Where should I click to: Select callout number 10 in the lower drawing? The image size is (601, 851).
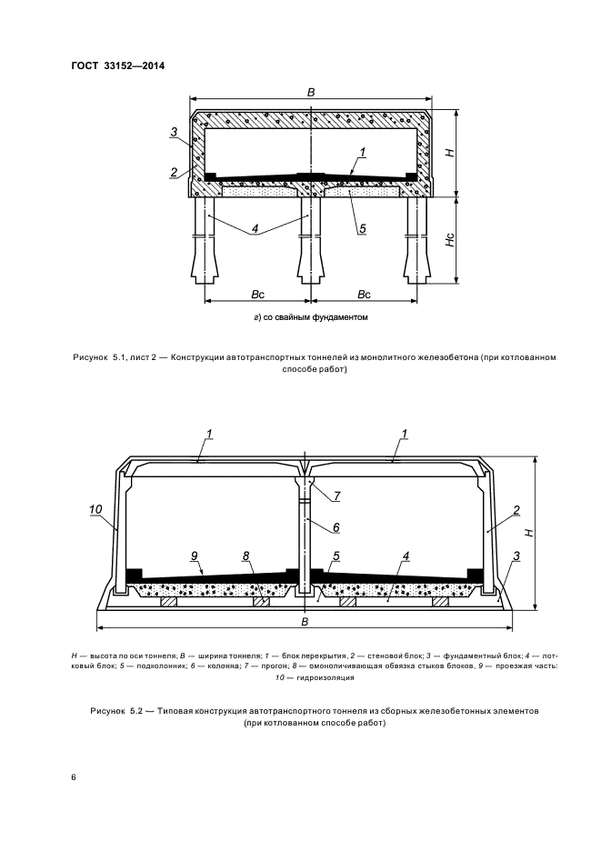click(96, 513)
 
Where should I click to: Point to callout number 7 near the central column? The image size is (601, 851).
click(336, 496)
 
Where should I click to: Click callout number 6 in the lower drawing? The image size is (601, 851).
click(336, 526)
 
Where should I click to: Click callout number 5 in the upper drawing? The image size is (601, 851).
click(363, 229)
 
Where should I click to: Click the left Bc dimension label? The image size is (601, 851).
click(258, 295)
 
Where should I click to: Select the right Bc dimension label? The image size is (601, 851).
click(363, 295)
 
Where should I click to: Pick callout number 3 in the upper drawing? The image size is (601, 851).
click(174, 133)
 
